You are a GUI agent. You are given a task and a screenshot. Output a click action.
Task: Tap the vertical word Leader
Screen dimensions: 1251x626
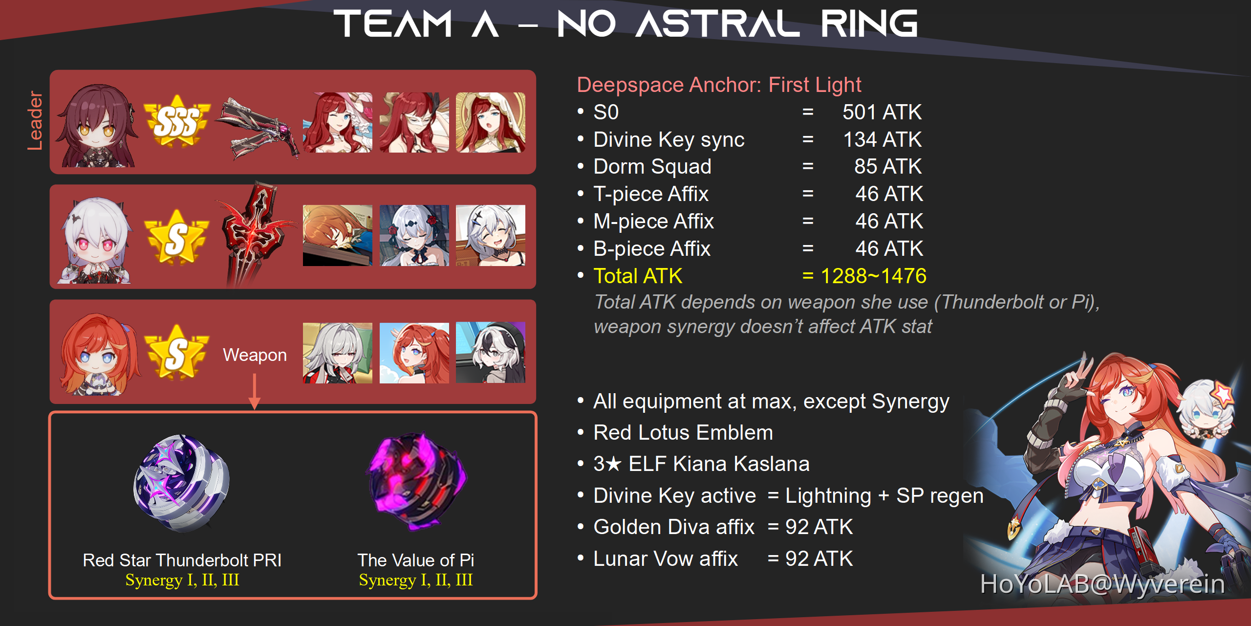coord(35,120)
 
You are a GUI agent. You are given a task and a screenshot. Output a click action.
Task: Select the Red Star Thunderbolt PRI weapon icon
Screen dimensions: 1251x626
coord(181,483)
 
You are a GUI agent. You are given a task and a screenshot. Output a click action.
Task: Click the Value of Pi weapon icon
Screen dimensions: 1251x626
coord(416,481)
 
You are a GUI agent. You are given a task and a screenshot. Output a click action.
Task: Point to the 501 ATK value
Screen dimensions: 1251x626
coord(882,112)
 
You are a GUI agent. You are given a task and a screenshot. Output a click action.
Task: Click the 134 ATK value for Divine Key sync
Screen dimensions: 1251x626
coord(882,139)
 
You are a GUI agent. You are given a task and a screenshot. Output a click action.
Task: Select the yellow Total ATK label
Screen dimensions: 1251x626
coord(638,276)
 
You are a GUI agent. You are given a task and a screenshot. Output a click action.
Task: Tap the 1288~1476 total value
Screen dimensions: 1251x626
coord(873,276)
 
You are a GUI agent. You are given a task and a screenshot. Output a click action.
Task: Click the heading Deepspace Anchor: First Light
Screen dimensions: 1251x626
coord(719,85)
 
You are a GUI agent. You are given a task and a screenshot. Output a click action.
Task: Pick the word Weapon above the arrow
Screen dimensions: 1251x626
coord(255,355)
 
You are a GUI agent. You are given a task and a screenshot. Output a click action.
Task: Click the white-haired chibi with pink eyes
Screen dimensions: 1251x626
coord(96,241)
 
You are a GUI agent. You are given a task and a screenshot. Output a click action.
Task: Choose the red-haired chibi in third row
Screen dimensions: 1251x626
coord(98,355)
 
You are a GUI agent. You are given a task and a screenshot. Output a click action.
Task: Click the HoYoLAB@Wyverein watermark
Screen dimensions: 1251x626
coord(1102,584)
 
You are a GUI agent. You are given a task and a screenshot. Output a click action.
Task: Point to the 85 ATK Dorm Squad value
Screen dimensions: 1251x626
coord(887,166)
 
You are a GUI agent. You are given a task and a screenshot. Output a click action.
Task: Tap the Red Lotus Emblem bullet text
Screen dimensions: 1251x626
coord(683,433)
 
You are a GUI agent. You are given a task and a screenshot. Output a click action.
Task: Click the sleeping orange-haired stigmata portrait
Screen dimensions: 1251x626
coord(338,235)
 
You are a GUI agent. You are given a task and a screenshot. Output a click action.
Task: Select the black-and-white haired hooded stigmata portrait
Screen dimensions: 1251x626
coord(491,353)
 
